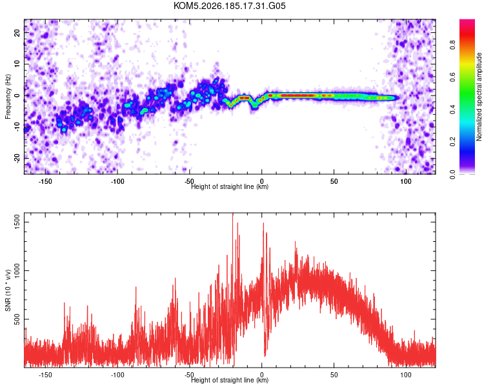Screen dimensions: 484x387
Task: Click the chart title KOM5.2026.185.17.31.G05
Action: coord(229,6)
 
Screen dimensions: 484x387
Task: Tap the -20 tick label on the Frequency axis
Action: coord(17,158)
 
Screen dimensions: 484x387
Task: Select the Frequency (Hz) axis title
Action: coord(8,96)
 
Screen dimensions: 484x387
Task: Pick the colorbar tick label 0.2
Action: coord(452,141)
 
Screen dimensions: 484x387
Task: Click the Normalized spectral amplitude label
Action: coord(479,97)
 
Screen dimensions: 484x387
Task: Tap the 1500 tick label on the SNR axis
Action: coord(17,222)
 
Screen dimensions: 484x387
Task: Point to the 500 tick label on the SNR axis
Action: coord(17,319)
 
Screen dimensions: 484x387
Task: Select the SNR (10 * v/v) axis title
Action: coord(8,290)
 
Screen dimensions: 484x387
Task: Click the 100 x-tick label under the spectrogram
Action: coord(406,181)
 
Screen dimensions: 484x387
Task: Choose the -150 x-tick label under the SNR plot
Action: coord(45,375)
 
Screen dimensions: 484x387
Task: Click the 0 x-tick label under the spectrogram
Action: coord(262,181)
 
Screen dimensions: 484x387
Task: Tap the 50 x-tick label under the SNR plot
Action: coord(334,375)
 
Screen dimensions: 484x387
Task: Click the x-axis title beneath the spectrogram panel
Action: coord(230,186)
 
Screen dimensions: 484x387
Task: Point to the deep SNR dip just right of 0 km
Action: coord(265,355)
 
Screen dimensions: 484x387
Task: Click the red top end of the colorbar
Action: coord(467,21)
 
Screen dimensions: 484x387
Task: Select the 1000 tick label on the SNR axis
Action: coord(17,270)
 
